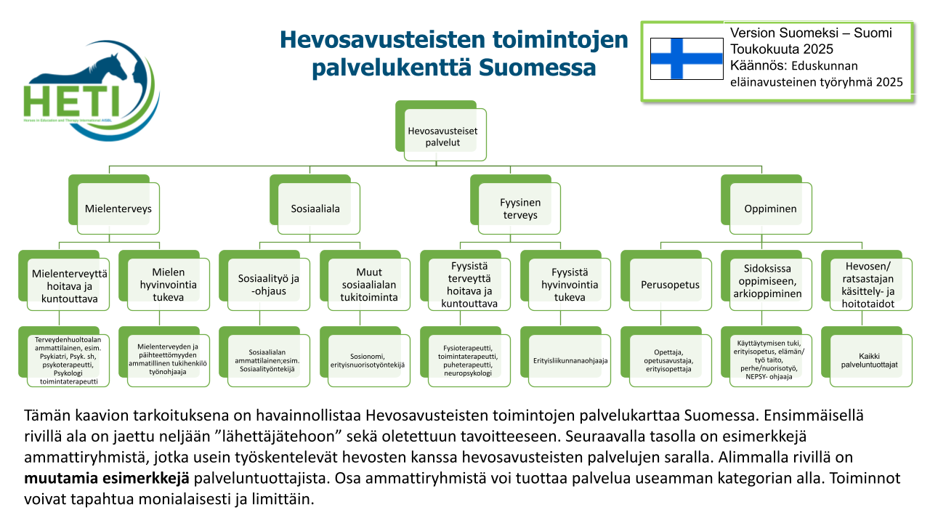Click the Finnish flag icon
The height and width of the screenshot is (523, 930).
coord(687,58)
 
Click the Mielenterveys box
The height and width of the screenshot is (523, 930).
coord(118,208)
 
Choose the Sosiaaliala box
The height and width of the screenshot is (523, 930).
coord(315,208)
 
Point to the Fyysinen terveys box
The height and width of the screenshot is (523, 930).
coord(519,209)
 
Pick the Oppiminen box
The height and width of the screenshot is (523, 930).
coord(770,208)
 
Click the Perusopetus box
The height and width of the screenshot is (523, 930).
coord(671,284)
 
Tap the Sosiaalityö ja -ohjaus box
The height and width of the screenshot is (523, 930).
coord(268,284)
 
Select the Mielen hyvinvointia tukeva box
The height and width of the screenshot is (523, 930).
coord(168,284)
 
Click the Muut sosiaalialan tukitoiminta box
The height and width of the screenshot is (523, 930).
coord(368,284)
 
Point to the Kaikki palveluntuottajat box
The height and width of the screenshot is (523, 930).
coord(870,360)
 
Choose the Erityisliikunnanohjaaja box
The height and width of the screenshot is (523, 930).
coord(570,360)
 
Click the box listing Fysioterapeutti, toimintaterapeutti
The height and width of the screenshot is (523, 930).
coord(469,360)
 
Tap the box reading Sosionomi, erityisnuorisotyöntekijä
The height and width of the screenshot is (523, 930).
coord(368,360)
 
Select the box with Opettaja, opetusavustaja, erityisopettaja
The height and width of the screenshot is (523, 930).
coord(669,360)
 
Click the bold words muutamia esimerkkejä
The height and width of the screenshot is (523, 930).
coord(107,479)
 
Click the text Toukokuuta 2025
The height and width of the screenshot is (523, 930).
coord(781,49)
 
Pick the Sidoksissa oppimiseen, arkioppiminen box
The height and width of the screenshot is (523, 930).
coord(770,284)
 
